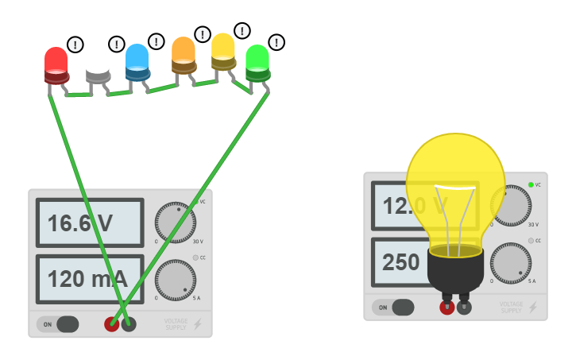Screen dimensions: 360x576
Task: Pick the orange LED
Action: pyautogui.click(x=184, y=56)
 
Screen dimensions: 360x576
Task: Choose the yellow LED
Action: pyautogui.click(x=223, y=52)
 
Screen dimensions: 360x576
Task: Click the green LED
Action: pyautogui.click(x=257, y=63)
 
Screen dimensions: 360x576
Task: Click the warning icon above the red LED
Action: pyautogui.click(x=75, y=45)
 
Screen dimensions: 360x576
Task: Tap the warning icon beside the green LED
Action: pyautogui.click(x=276, y=42)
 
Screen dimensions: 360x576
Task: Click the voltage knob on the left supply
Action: pyautogui.click(x=175, y=223)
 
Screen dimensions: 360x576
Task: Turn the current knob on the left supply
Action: pyautogui.click(x=175, y=280)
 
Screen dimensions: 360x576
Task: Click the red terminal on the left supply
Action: pyautogui.click(x=111, y=324)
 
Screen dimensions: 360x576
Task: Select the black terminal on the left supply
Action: pyautogui.click(x=128, y=324)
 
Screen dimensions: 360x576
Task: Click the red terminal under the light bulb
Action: pyautogui.click(x=447, y=308)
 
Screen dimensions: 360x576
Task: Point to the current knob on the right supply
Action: pyautogui.click(x=510, y=263)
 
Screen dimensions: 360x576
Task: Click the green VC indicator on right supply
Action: pyautogui.click(x=530, y=184)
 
